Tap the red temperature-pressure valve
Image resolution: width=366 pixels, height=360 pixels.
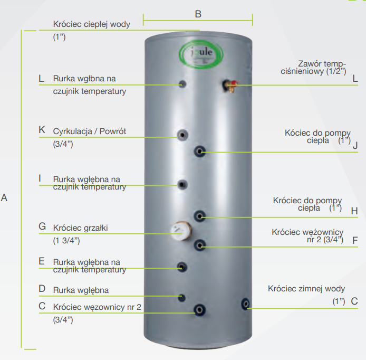pyautogui.click(x=231, y=84)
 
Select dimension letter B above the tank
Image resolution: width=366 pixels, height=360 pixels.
pyautogui.click(x=198, y=14)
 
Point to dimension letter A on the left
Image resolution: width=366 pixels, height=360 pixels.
pyautogui.click(x=5, y=198)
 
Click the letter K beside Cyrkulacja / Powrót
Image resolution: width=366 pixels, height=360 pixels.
pyautogui.click(x=42, y=130)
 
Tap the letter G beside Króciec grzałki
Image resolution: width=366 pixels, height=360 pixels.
pyautogui.click(x=42, y=226)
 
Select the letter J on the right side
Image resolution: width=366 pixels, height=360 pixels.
pyautogui.click(x=355, y=145)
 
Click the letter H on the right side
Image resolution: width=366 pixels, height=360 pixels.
pyautogui.click(x=354, y=211)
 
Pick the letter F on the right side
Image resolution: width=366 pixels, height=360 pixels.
pyautogui.click(x=355, y=240)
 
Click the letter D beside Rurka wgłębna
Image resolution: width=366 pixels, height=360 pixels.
pyautogui.click(x=42, y=289)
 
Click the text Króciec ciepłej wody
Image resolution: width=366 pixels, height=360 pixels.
pyautogui.click(x=91, y=24)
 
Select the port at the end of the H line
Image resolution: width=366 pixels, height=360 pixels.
pyautogui.click(x=200, y=215)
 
